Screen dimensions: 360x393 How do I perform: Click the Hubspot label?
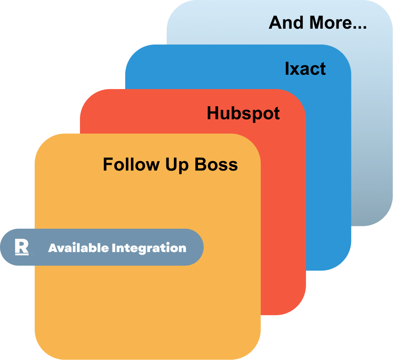click(243, 114)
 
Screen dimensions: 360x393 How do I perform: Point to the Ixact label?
click(305, 69)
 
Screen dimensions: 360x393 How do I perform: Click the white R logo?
click(21, 247)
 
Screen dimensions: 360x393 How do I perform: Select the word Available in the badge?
click(78, 248)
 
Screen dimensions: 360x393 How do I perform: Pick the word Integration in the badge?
click(149, 248)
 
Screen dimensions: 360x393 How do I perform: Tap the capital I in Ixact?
click(287, 69)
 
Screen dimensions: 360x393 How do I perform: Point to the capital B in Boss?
click(200, 165)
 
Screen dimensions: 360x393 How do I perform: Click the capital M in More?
click(317, 23)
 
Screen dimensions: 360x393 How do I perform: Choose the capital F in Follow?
click(107, 165)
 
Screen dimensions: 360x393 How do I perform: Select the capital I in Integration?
click(114, 248)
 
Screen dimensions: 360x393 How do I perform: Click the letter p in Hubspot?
click(254, 115)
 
